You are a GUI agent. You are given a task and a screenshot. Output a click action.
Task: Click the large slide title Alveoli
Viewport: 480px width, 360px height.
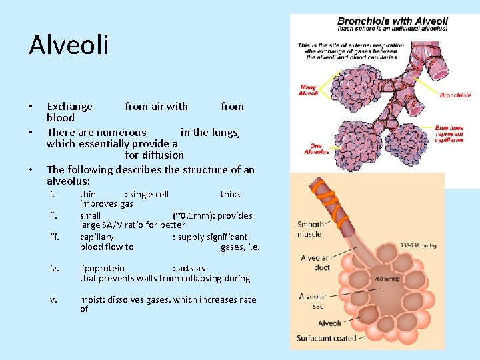69,46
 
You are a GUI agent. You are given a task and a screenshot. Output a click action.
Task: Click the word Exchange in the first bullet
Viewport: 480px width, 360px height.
69,107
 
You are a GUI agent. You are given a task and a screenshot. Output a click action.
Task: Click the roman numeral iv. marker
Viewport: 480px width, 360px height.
55,268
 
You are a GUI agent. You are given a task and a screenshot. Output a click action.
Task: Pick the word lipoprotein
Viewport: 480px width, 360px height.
102,269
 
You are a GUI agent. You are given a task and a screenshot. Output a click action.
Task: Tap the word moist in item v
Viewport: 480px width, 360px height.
92,300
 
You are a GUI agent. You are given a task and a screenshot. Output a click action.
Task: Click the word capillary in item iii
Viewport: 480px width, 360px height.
97,237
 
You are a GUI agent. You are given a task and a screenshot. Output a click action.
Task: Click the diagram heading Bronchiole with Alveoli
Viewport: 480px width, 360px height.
393,21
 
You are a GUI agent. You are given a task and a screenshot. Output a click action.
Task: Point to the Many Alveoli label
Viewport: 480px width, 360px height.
309,90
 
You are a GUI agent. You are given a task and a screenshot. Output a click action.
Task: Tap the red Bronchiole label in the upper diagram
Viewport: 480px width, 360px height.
455,95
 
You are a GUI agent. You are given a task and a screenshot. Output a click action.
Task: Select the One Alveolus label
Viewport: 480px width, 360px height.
316,149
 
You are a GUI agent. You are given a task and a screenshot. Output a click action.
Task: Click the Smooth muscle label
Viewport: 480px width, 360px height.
311,229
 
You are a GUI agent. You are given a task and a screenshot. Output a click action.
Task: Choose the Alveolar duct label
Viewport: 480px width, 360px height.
315,263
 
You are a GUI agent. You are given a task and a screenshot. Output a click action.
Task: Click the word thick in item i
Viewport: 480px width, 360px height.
231,195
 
